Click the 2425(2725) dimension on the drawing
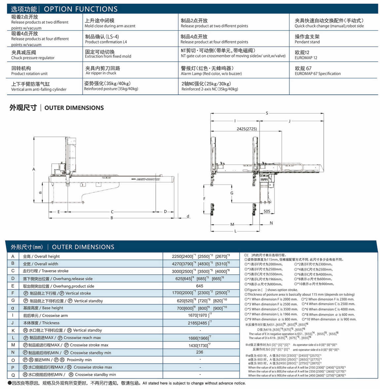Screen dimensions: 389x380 coord(247,129)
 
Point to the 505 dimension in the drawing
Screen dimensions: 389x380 coord(267,211)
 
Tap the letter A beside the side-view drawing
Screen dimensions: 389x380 coord(34,169)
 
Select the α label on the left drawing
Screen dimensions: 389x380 coord(40,192)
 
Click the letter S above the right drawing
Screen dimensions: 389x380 coord(267,113)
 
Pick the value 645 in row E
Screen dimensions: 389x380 coord(200,286)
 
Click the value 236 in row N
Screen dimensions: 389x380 coord(200,352)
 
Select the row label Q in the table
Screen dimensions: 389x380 coord(13,375)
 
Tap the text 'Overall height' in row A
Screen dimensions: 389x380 coord(47,256)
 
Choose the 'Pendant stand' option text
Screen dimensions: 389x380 coord(307,42)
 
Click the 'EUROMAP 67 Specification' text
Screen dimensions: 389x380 coord(318,74)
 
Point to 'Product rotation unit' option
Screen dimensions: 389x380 coord(29,74)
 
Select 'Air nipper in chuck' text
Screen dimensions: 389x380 coord(101,73)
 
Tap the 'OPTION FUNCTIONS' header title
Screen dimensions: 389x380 coord(81,9)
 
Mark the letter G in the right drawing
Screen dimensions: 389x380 coord(232,193)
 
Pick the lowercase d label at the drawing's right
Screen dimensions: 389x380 coord(188,216)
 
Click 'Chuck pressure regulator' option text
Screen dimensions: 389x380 coord(33,58)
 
